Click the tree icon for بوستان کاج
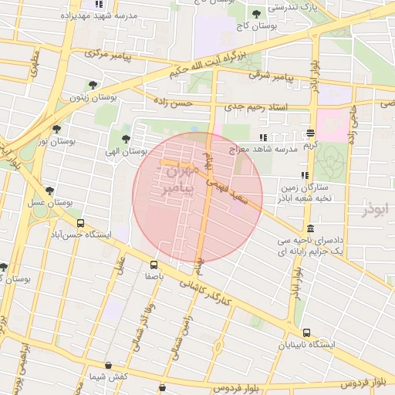click(256, 14)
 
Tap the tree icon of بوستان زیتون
click(93, 85)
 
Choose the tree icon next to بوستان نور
click(56, 129)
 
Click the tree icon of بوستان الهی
click(126, 139)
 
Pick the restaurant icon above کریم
click(311, 133)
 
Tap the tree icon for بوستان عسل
click(50, 190)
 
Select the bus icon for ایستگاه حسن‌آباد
click(80, 223)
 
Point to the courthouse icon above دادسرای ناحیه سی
click(309, 228)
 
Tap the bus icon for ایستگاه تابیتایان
click(306, 333)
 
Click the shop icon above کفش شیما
click(107, 365)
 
